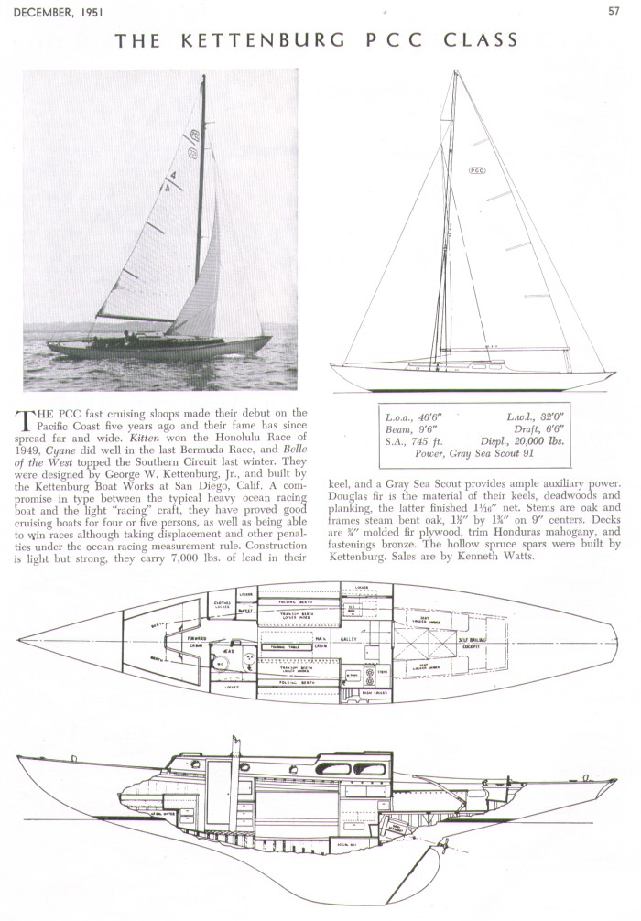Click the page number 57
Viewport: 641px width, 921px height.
[x=614, y=11]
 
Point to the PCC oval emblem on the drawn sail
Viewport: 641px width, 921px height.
[x=477, y=170]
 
